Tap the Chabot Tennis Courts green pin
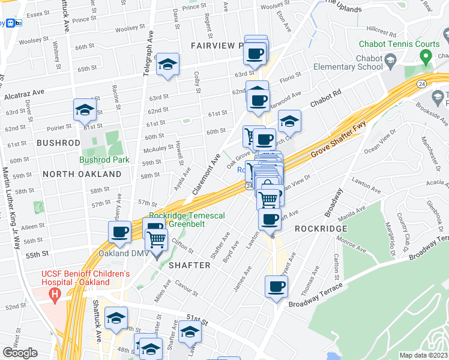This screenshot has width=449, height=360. [426, 58]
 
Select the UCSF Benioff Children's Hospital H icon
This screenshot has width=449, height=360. [55, 295]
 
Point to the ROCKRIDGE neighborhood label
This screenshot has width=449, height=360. [321, 229]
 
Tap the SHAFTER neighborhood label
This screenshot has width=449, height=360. [189, 265]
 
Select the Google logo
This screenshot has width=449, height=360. [20, 352]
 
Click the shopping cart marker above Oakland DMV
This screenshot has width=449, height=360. [157, 239]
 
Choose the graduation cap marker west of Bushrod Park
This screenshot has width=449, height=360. [85, 110]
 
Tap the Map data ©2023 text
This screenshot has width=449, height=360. [424, 355]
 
